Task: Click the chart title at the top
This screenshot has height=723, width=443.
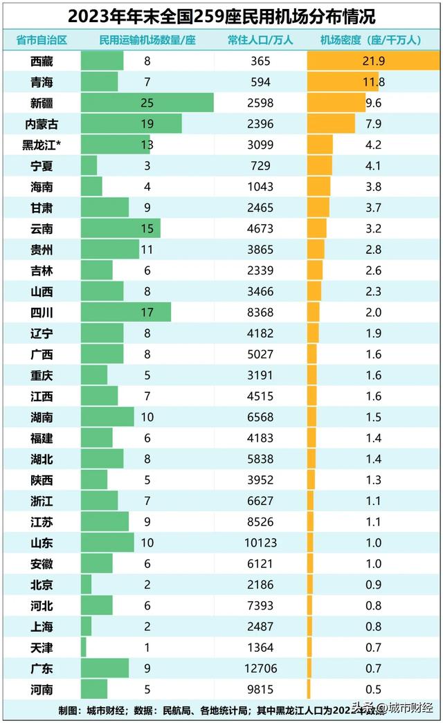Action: coord(221,15)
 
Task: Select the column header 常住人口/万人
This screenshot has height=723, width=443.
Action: coord(260,40)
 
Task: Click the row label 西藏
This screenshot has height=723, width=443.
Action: coord(42,62)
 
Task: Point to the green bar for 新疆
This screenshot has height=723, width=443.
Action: coord(147,103)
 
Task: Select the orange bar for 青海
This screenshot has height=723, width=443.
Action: coord(343,82)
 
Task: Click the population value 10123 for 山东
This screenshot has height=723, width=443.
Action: coord(260,543)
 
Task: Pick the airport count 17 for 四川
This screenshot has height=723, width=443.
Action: coord(147,313)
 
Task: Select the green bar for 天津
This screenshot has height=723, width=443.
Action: coord(84,648)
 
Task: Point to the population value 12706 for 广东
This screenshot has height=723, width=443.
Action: coord(260,669)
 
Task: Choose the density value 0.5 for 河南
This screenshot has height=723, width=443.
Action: coord(373,690)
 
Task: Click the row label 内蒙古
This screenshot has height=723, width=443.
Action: coord(42,124)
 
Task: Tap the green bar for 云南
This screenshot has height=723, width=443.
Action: coord(120,229)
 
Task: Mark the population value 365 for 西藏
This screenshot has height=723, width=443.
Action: coord(260,62)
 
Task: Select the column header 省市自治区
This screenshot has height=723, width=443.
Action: coord(41,40)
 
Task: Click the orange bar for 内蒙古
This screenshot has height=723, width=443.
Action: coord(331,124)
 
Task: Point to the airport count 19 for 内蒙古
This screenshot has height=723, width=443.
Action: coord(147,124)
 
